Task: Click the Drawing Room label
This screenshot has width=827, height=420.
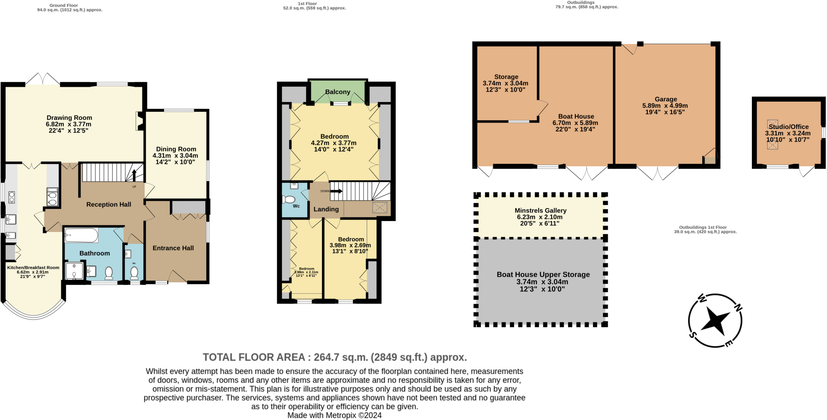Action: pyautogui.click(x=69, y=118)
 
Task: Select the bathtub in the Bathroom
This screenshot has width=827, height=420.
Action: pyautogui.click(x=81, y=235)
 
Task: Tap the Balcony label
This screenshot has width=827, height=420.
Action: pyautogui.click(x=338, y=92)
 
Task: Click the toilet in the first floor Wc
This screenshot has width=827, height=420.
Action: pyautogui.click(x=289, y=199)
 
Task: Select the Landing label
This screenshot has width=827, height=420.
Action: pyautogui.click(x=326, y=209)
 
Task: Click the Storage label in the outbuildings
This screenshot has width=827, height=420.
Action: pyautogui.click(x=506, y=77)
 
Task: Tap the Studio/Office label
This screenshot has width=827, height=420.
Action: pyautogui.click(x=788, y=127)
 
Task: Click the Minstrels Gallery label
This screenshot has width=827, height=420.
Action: pyautogui.click(x=540, y=211)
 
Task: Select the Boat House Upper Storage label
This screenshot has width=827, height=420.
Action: pyautogui.click(x=543, y=274)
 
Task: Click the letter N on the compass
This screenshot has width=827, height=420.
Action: pyautogui.click(x=737, y=308)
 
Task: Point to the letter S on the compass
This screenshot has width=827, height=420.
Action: pyautogui.click(x=693, y=335)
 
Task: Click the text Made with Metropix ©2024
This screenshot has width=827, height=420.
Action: pyautogui.click(x=334, y=415)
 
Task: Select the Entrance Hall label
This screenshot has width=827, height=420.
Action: pyautogui.click(x=173, y=248)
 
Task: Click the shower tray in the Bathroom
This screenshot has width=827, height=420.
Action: pyautogui.click(x=74, y=271)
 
